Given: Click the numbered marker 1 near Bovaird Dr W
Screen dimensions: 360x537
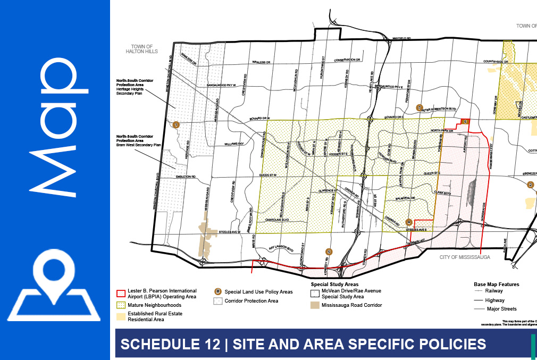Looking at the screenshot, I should [x=176, y=124].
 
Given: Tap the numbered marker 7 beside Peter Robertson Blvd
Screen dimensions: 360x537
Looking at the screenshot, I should [x=419, y=108].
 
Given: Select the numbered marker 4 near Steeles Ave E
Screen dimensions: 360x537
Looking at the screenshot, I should [x=408, y=222].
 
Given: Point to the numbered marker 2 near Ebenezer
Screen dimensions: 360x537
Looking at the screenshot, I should [x=530, y=185].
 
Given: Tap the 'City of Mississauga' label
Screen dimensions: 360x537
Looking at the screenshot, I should [x=464, y=257].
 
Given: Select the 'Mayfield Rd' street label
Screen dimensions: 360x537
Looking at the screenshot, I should [x=402, y=39].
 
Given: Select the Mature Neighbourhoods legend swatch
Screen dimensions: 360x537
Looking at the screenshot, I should [x=121, y=305].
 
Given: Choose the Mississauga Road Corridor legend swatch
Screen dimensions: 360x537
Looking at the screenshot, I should [x=315, y=305].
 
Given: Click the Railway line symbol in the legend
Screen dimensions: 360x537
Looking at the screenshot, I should [x=478, y=291].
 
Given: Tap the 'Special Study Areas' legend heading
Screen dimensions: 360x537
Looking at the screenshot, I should [x=331, y=284].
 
